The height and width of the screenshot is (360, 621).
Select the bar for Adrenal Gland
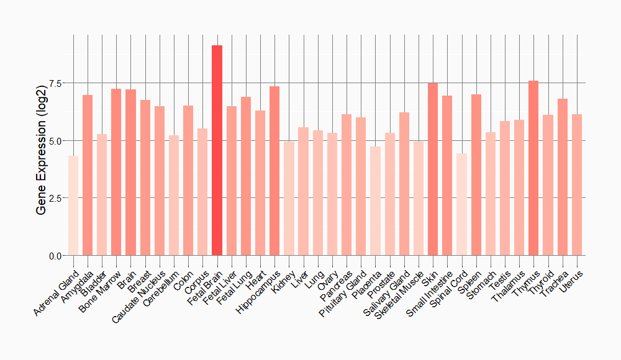tap(73, 205)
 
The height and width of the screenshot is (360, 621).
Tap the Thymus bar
tap(533, 168)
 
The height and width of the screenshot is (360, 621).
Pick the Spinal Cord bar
tap(461, 204)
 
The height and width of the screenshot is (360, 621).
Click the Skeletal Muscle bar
tap(419, 199)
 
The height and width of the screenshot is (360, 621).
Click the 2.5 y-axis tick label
tap(55, 198)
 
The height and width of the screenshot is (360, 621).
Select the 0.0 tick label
tap(55, 256)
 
